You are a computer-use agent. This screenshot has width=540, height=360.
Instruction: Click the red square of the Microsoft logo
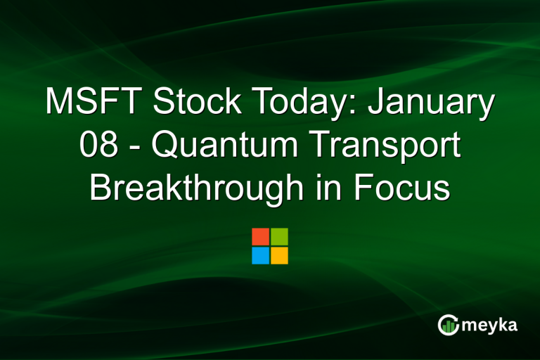tap(260, 236)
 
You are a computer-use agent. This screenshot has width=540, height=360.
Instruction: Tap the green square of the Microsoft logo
tap(279, 236)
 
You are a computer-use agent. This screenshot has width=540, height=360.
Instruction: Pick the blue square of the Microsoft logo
tap(260, 255)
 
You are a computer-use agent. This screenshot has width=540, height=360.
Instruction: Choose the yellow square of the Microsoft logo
tap(279, 255)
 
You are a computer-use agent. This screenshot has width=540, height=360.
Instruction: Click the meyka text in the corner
tap(489, 326)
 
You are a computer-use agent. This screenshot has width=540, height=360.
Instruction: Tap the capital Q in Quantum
tap(165, 146)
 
